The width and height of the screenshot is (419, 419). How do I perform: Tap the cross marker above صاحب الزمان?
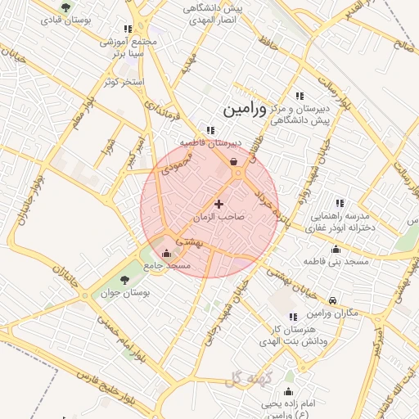pos(219,204)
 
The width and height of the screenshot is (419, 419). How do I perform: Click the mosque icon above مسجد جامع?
pos(168,253)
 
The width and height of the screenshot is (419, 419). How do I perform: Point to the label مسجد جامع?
pos(168,266)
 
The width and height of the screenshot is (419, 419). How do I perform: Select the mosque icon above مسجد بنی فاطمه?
pos(336,249)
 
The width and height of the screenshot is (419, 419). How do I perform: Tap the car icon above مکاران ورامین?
pos(333,301)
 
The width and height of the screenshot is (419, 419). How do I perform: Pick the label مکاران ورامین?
pos(333,314)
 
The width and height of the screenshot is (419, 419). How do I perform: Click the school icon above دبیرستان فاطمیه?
pos(211,129)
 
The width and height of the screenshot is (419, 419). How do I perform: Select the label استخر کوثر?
pos(125,83)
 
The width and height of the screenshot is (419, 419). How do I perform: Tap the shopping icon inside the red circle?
pos(235,161)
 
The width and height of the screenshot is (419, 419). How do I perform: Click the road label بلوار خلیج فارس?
pos(115,385)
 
